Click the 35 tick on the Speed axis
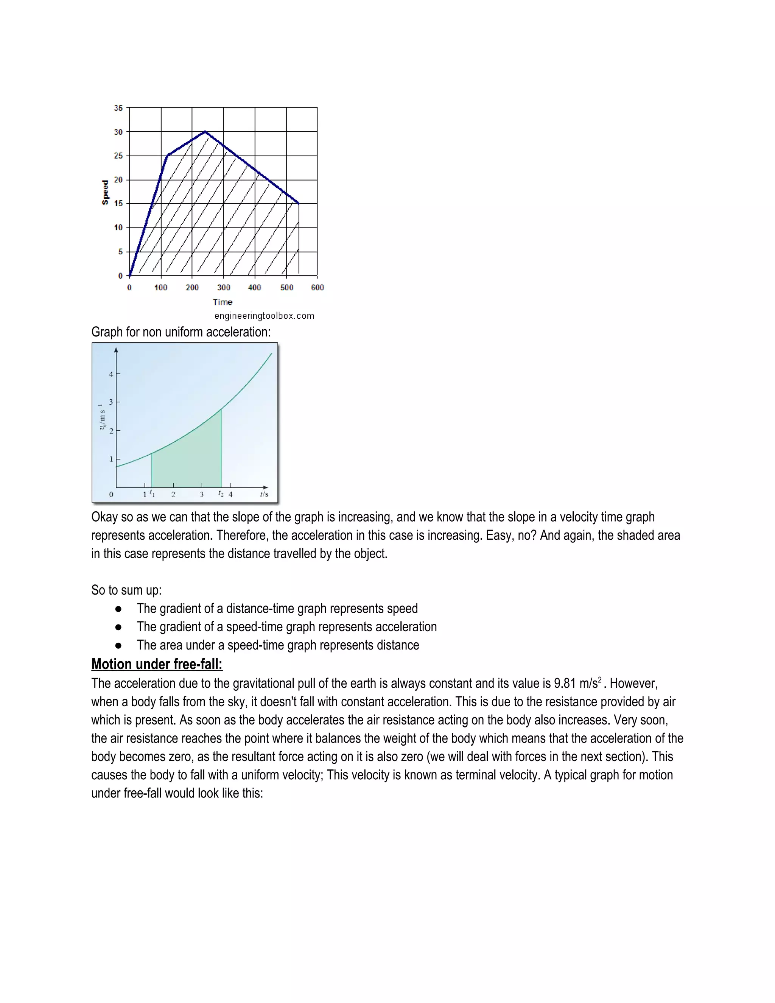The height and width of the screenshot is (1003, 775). click(118, 108)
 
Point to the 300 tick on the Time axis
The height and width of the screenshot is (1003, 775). click(224, 288)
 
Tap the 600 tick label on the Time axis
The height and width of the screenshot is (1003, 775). click(317, 288)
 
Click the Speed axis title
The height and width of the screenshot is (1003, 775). click(105, 192)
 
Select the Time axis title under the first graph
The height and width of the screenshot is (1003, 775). click(223, 302)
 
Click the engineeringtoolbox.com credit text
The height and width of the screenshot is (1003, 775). click(264, 316)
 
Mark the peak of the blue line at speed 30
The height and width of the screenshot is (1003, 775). click(205, 132)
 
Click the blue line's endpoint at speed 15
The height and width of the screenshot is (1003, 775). click(299, 204)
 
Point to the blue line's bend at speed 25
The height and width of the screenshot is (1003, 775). click(168, 156)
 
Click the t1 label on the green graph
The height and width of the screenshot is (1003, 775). click(152, 493)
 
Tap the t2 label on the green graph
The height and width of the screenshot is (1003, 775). click(221, 493)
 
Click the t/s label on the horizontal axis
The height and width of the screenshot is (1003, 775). click(264, 494)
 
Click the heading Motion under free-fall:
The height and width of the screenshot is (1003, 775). click(157, 664)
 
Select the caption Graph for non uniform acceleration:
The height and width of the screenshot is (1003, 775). click(181, 332)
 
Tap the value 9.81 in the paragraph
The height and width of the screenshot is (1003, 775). click(565, 683)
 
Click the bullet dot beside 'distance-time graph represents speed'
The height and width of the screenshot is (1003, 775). click(118, 609)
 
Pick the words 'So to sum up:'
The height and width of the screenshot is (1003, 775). click(126, 590)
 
